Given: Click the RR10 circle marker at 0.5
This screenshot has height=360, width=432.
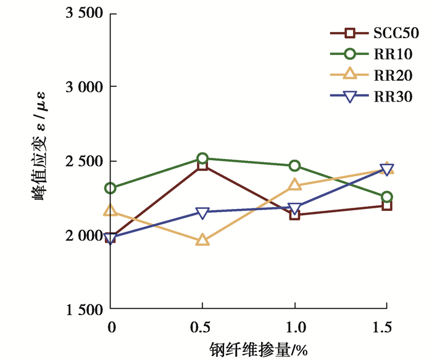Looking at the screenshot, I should coord(202,158).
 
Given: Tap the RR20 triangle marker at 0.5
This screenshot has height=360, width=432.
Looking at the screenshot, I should coord(202,240).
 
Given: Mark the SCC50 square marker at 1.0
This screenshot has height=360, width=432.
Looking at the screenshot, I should coord(294,215).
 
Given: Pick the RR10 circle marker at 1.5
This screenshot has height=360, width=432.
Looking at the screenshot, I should coord(386,197).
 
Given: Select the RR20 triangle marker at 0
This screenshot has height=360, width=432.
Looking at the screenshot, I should coord(110,211).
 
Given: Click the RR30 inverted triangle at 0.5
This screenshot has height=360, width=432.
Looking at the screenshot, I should coord(202,213).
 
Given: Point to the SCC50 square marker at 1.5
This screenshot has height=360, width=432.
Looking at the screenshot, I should coord(386,205).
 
